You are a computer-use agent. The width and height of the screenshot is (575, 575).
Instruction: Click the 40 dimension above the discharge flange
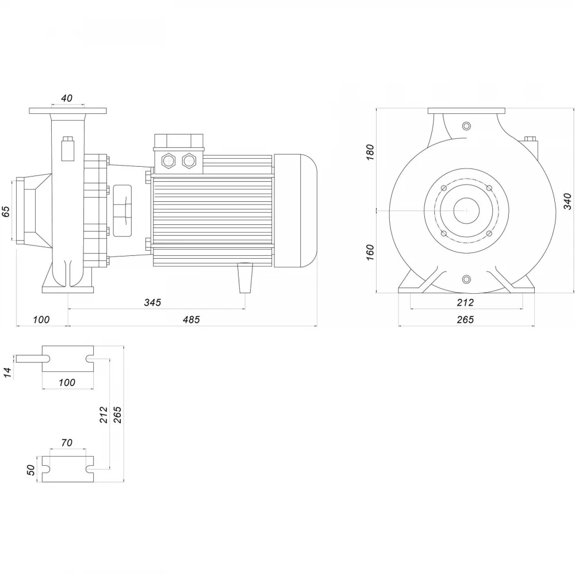click(67, 98)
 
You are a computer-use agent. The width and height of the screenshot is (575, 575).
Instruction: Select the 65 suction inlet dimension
click(6, 212)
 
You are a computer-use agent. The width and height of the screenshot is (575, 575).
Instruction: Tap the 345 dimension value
click(152, 302)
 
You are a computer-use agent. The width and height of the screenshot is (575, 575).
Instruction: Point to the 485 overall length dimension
click(191, 320)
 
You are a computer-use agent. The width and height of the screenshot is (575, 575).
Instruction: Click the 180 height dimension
click(370, 152)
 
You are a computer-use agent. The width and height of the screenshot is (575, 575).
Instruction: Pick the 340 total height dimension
click(568, 201)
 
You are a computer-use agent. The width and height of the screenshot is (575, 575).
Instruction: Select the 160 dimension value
click(370, 252)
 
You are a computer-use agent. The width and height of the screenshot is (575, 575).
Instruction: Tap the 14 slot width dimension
click(8, 372)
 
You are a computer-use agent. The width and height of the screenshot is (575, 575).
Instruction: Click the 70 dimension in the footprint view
click(67, 443)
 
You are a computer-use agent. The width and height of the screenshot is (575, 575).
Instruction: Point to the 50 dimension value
click(32, 470)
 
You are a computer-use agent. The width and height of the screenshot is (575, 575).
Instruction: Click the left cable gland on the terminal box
click(168, 160)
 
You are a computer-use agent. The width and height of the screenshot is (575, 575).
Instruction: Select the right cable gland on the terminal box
click(189, 160)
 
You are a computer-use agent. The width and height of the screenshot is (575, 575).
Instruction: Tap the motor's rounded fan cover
click(295, 210)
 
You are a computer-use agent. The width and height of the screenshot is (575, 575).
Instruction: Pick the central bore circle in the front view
click(466, 210)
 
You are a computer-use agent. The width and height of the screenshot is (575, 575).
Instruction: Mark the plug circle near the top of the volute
click(466, 126)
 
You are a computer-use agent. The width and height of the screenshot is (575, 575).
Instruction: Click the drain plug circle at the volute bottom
click(466, 279)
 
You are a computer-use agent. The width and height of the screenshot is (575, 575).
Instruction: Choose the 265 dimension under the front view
click(465, 320)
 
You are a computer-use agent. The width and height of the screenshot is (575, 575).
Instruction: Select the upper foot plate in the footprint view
click(68, 359)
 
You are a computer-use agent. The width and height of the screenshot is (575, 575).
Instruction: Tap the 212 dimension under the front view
click(465, 302)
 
